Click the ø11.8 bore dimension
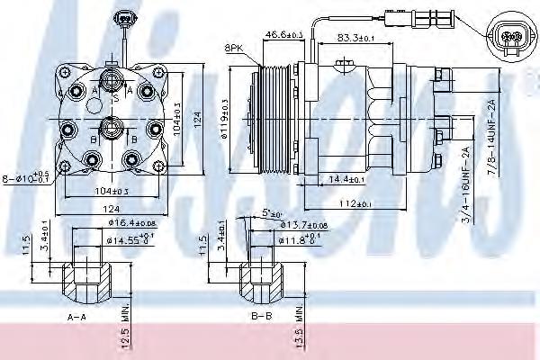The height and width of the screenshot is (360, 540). coord(301,240)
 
